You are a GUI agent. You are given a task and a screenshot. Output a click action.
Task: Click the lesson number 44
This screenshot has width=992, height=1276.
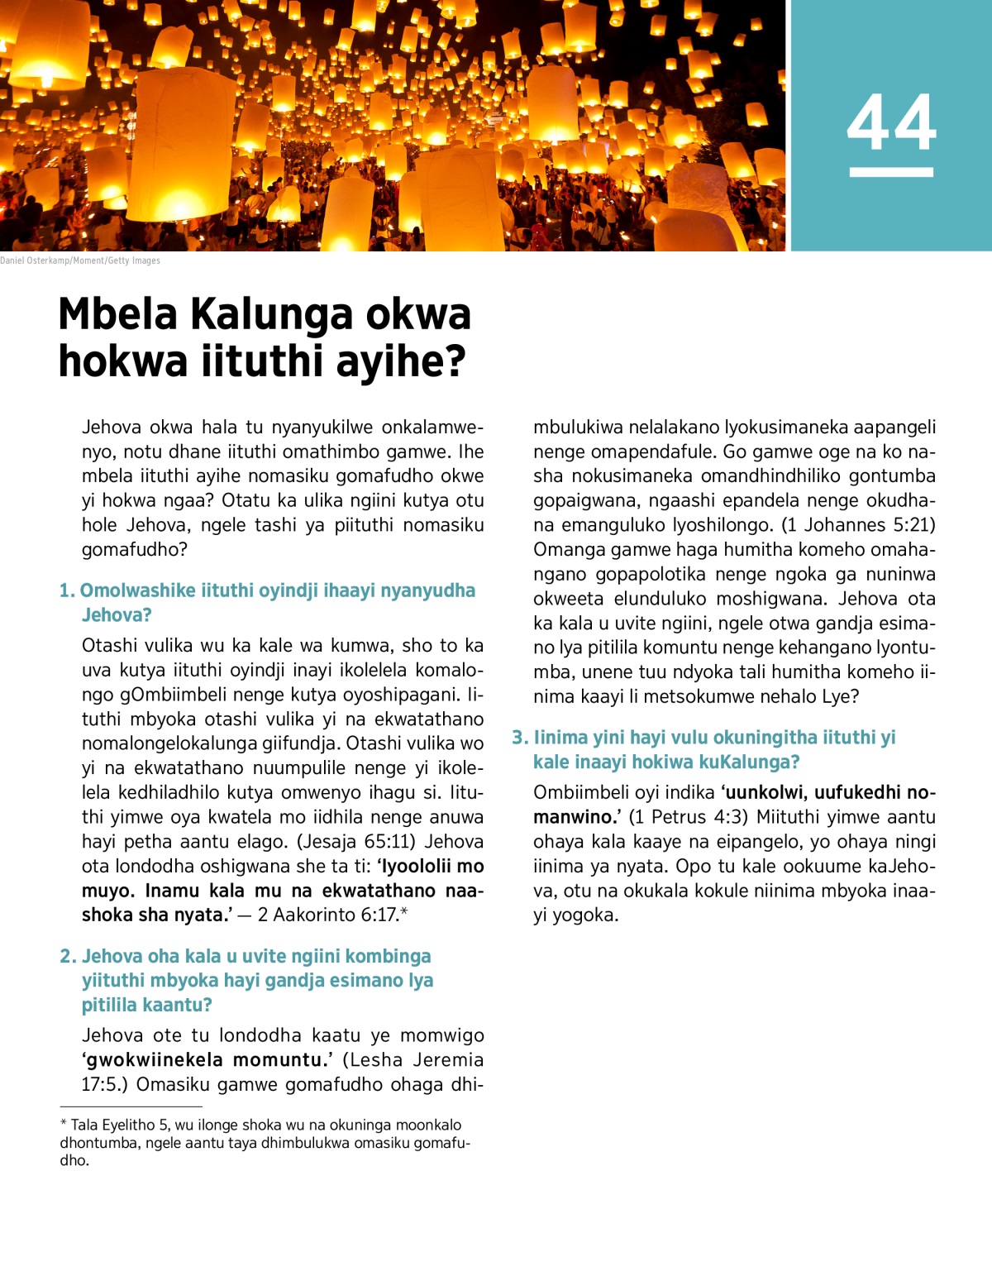(x=891, y=122)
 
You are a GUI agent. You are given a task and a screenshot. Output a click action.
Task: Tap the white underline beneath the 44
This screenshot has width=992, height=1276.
(x=891, y=172)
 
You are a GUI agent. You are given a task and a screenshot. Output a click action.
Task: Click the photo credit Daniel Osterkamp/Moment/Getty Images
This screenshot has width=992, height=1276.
(x=80, y=260)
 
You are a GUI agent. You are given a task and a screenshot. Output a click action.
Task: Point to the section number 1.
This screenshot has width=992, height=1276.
(x=66, y=590)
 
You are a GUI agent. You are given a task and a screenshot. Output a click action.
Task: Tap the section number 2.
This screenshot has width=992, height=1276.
(x=67, y=956)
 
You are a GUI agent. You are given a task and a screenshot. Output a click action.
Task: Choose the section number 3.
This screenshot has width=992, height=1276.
(x=519, y=737)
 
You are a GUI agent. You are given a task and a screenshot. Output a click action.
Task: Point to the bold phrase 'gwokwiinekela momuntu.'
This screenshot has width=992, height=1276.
(x=206, y=1060)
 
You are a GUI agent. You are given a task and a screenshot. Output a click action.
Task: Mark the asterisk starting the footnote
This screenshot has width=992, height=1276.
(x=64, y=1125)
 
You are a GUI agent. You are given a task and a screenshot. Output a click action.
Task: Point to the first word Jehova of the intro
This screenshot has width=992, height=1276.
(x=112, y=428)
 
